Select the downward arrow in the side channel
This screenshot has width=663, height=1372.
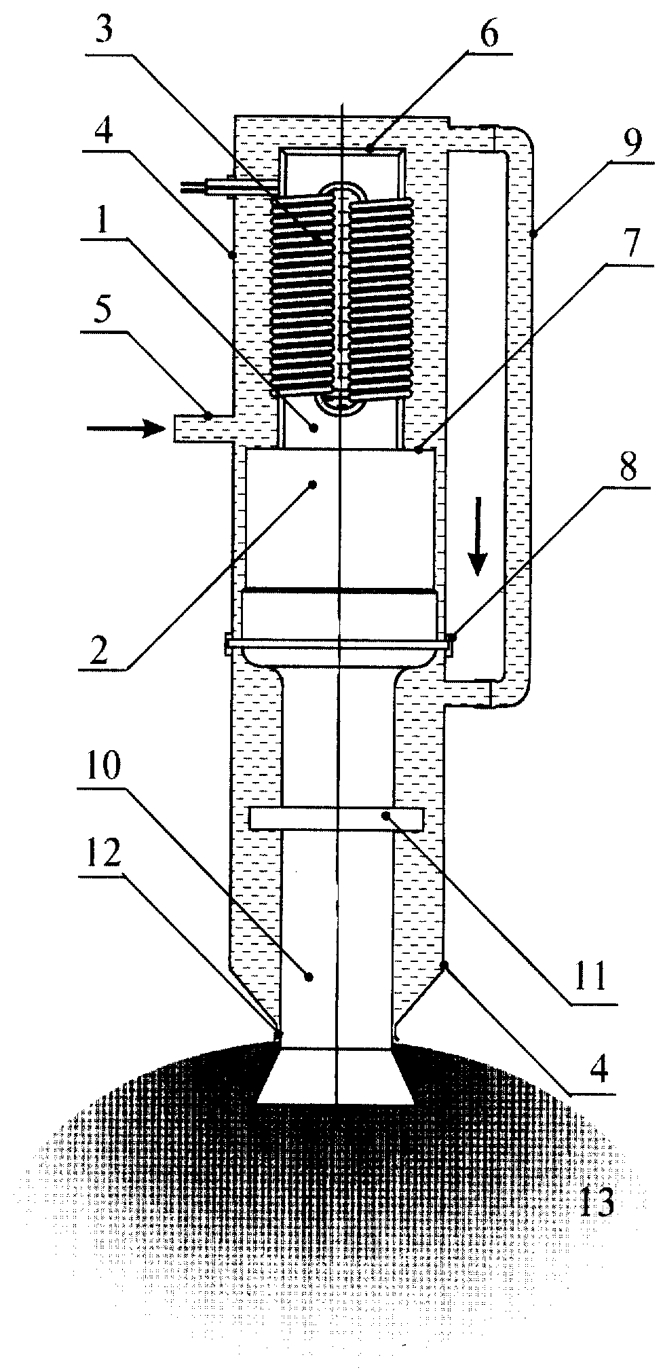(479, 536)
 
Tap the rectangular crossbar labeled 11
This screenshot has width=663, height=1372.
(337, 819)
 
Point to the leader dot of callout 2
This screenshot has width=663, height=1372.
(313, 484)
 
